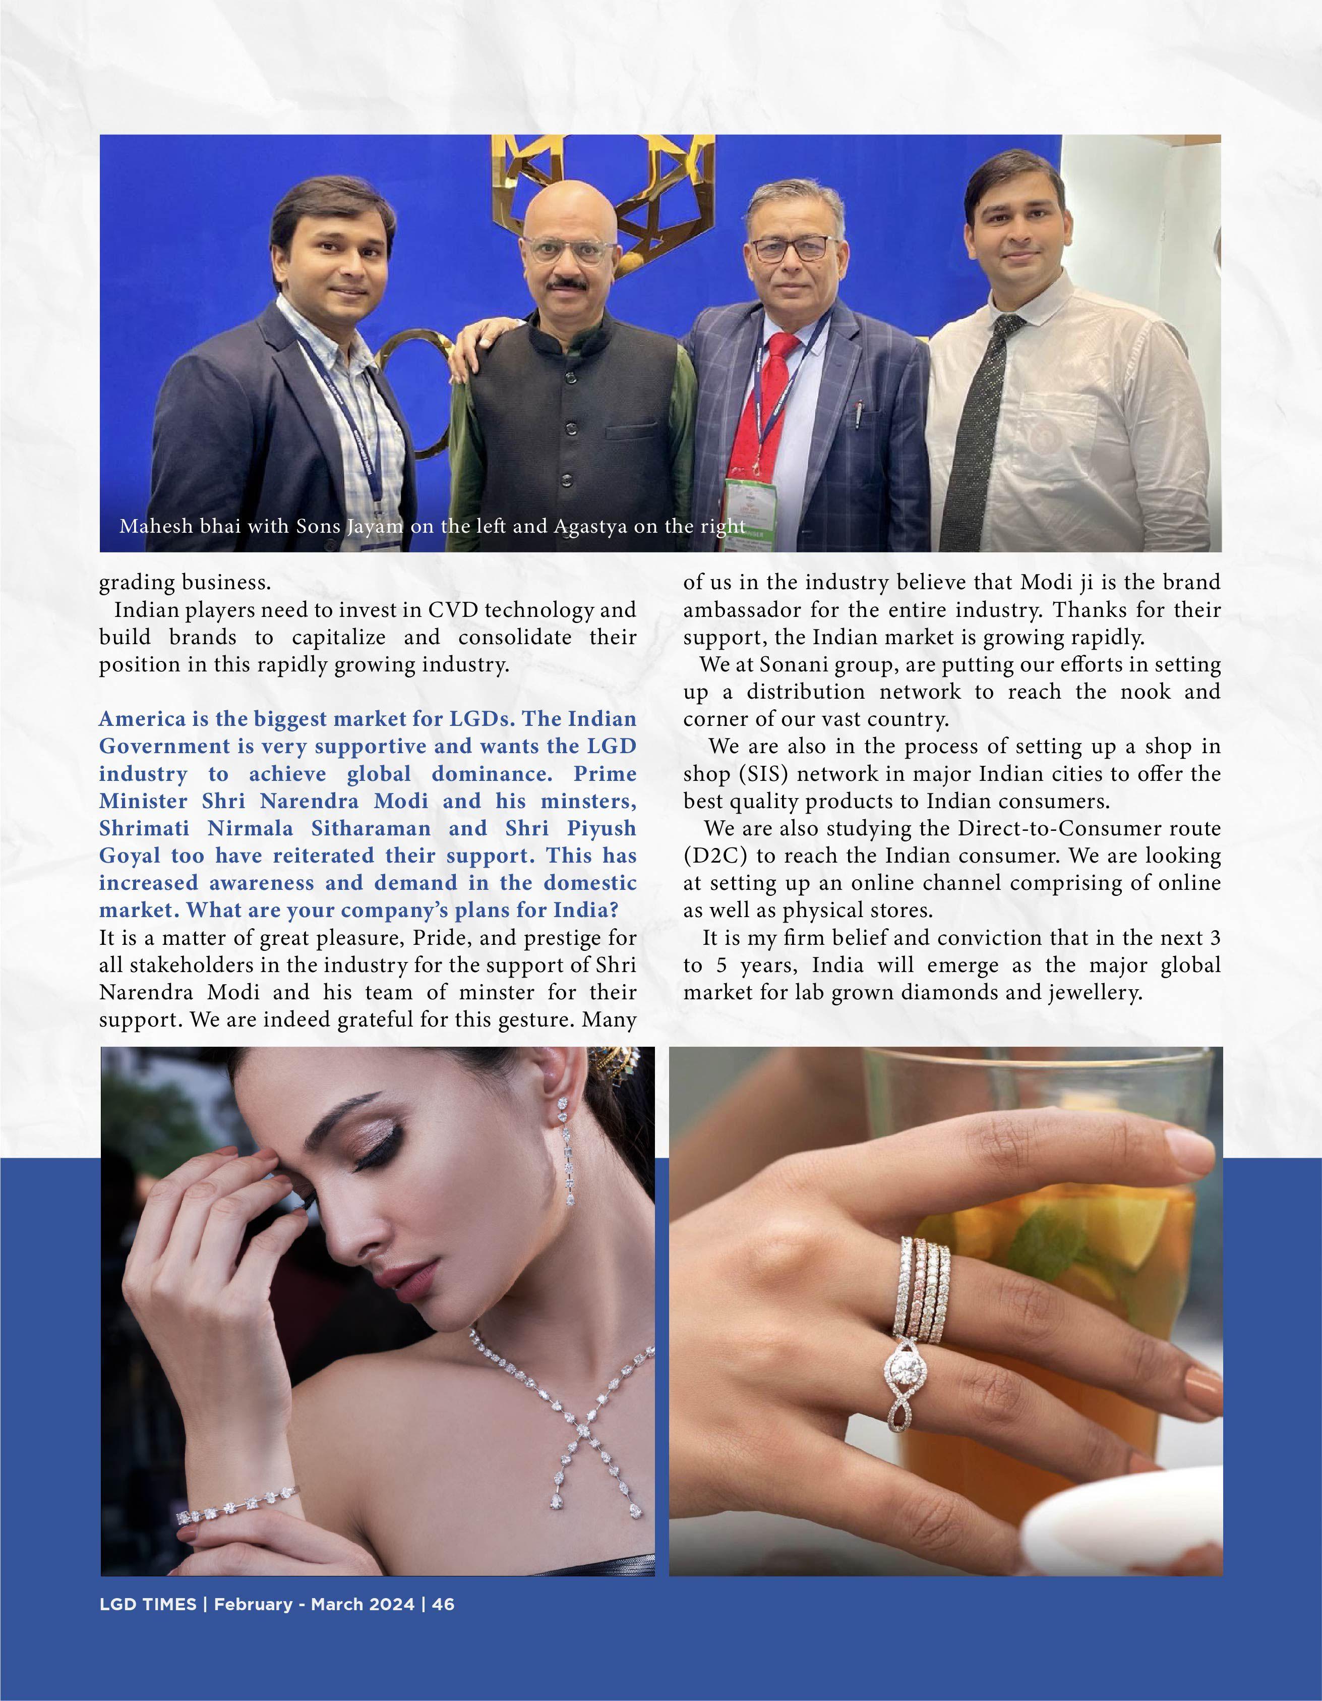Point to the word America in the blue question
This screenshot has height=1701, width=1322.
(x=141, y=719)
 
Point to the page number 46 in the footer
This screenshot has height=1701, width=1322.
(x=443, y=1605)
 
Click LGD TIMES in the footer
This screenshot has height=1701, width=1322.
(x=148, y=1605)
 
